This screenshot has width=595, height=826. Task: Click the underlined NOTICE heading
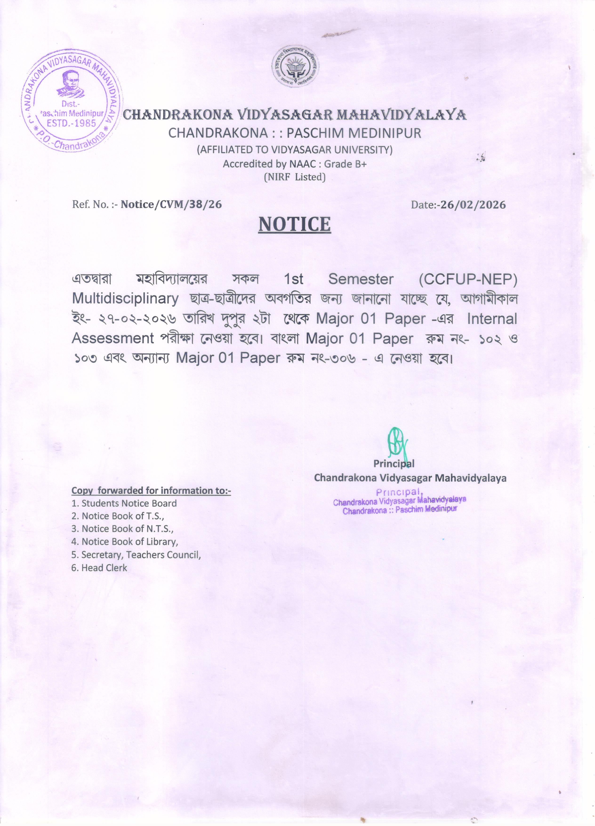294,224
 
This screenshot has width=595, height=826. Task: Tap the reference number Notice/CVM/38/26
171,204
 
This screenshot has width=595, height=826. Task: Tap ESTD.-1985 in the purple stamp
71,123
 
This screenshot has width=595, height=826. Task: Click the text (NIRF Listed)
294,177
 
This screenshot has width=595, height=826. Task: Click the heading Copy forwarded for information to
151,491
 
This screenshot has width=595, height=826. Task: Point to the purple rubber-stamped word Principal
399,492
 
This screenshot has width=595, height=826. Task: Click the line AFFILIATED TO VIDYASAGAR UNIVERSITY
294,150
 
